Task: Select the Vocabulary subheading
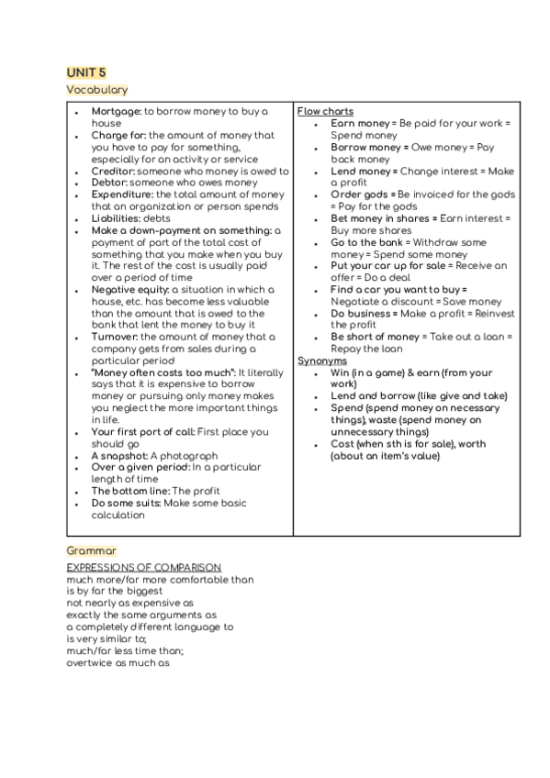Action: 96,90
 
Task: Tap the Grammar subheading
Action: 91,550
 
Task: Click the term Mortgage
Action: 116,111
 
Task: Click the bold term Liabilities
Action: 117,218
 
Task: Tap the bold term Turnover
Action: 115,337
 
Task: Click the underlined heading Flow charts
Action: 325,111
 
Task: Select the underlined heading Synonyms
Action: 321,361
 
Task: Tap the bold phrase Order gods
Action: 363,194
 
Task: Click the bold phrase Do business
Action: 362,314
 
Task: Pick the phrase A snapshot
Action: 119,456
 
